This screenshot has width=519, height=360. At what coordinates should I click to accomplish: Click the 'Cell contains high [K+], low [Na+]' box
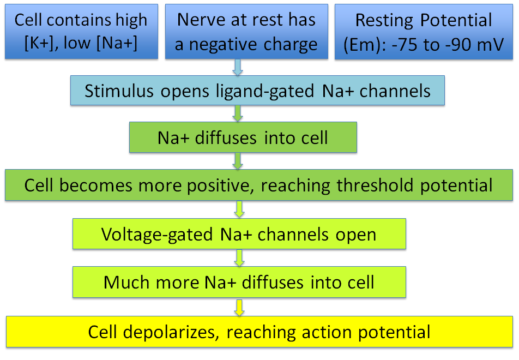[81, 32]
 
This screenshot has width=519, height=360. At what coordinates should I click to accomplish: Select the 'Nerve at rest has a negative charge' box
[246, 32]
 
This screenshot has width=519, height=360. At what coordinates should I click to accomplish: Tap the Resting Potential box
[424, 32]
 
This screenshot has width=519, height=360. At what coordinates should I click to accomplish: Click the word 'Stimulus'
[119, 91]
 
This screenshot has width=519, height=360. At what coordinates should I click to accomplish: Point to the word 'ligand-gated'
[265, 92]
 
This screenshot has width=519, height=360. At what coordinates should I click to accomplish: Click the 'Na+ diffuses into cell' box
[243, 137]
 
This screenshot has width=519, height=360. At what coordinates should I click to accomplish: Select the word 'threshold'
[375, 185]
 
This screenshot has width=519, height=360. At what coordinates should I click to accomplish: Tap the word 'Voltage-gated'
[157, 235]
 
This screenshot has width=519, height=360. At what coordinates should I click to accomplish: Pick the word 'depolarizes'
[171, 332]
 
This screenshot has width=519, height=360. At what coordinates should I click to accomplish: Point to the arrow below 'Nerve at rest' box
[238, 67]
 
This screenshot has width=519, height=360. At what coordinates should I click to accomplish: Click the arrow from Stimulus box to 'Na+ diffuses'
[238, 113]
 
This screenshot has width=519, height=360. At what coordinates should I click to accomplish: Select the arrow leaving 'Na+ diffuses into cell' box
[238, 161]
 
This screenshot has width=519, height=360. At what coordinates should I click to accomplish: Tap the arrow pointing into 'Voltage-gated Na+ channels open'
[239, 209]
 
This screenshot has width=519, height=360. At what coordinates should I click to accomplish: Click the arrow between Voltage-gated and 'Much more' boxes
[239, 257]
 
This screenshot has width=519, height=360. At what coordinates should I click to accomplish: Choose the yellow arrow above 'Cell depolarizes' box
[239, 308]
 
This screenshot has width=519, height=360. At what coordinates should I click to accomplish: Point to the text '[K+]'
[39, 44]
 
